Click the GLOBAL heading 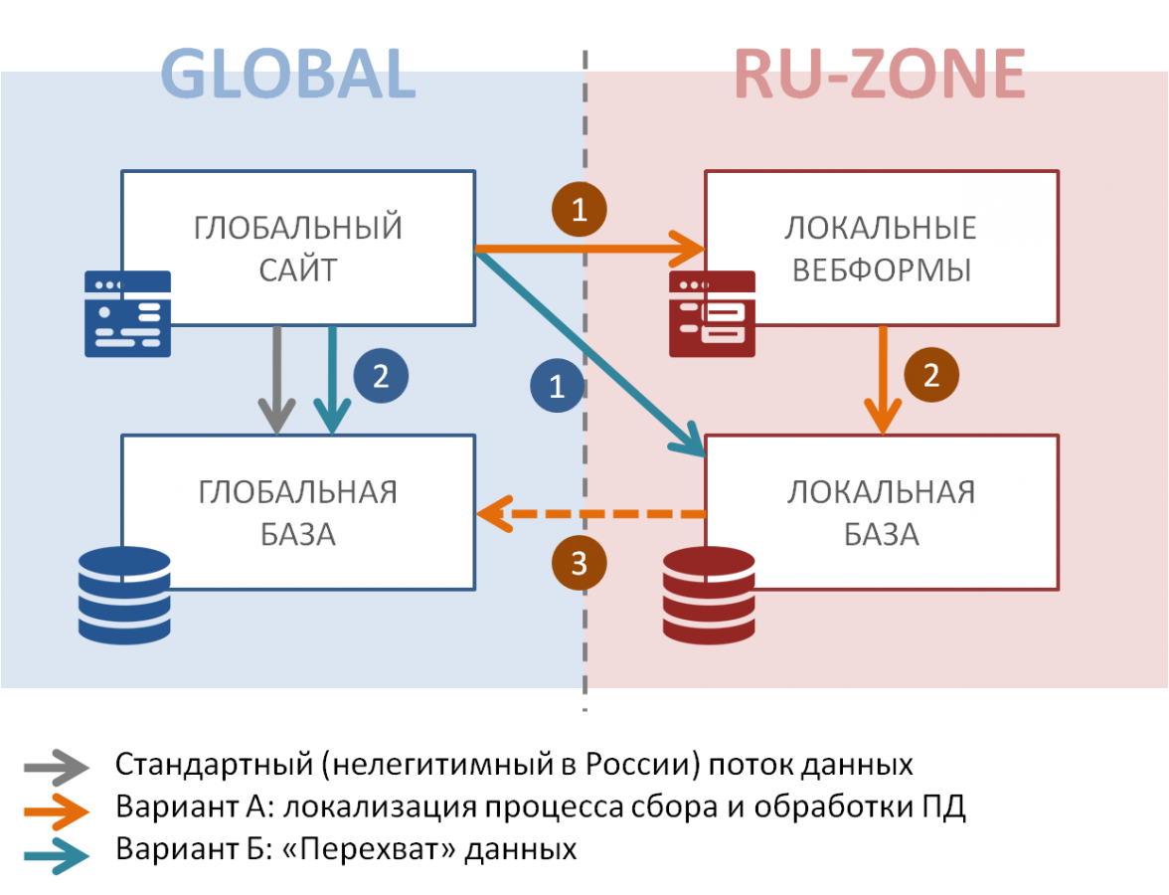coord(288,75)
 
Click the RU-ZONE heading coord(880,75)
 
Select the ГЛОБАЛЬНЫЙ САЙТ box coord(298,248)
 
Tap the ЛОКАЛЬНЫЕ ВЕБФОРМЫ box coord(881,248)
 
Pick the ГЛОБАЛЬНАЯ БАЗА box coord(298,512)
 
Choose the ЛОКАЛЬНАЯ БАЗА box coord(881,512)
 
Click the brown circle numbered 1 coord(579,210)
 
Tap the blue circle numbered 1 coord(557,386)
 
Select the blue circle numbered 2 coord(381,376)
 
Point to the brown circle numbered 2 coord(931,376)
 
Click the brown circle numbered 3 coord(579,564)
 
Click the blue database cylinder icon coord(124,595)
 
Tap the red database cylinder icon coord(709,595)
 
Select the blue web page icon coord(127,313)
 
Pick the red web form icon coord(712,313)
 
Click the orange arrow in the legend coord(57,812)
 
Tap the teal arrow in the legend coord(57,856)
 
